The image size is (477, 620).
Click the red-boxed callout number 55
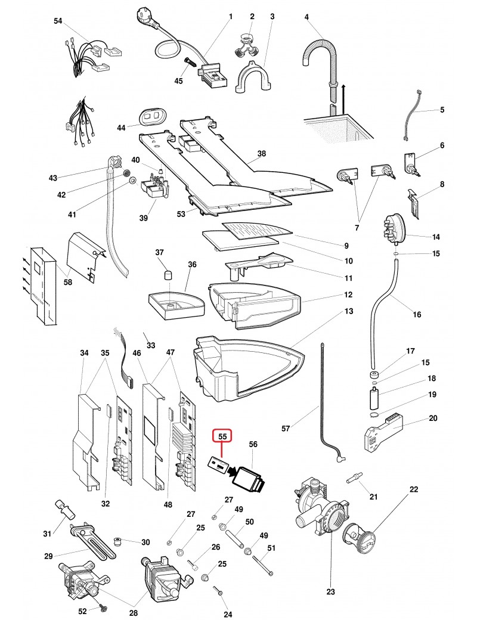click(x=222, y=437)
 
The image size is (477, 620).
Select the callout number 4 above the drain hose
click(x=306, y=17)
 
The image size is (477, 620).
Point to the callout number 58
click(x=68, y=282)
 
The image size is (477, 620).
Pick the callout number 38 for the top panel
click(x=261, y=154)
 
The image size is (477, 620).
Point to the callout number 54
click(x=58, y=21)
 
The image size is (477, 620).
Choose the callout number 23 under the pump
click(x=331, y=592)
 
